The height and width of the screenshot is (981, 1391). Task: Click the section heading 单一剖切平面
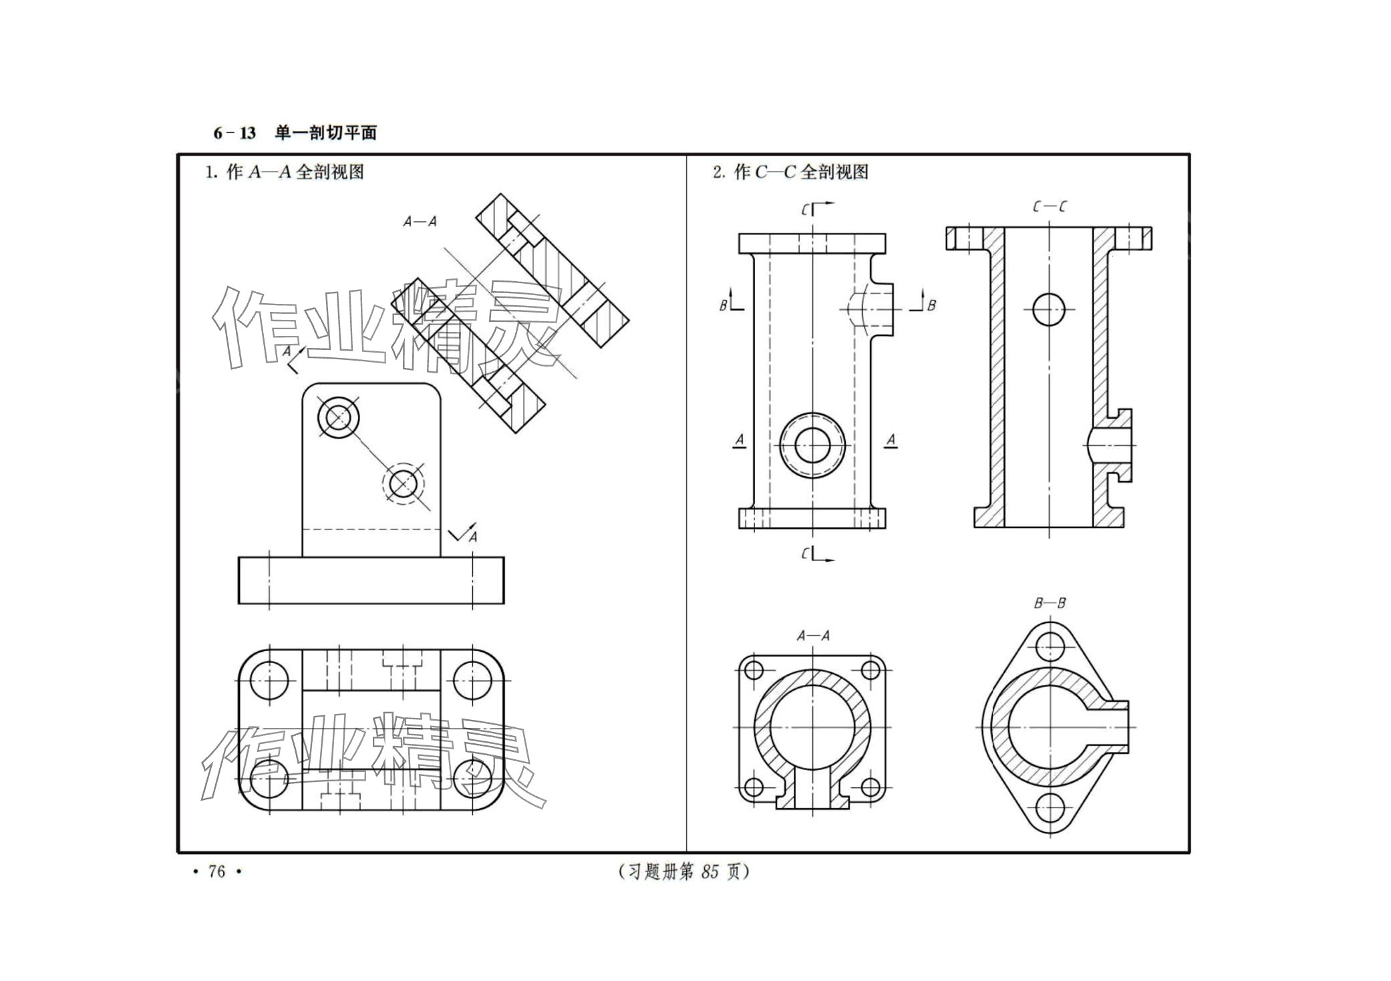tap(326, 133)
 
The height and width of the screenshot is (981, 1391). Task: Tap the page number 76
tap(217, 871)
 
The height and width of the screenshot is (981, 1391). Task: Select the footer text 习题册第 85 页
tap(684, 871)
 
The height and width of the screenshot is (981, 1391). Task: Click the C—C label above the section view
tap(1049, 207)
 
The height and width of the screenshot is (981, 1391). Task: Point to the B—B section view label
tap(1050, 603)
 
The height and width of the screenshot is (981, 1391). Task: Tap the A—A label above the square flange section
tap(813, 636)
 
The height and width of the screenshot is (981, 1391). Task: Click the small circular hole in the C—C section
tap(1049, 309)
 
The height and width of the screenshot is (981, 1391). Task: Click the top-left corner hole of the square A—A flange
tap(754, 670)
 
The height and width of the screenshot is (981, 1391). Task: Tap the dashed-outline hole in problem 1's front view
tap(404, 483)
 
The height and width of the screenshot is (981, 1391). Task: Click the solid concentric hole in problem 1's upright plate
tap(339, 418)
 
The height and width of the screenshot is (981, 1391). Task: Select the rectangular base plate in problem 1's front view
tap(371, 580)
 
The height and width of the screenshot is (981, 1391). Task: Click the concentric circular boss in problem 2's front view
tap(813, 445)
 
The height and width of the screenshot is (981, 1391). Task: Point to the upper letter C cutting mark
tap(806, 210)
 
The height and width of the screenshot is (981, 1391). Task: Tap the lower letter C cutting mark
tap(806, 554)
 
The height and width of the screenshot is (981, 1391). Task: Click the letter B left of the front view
tap(723, 306)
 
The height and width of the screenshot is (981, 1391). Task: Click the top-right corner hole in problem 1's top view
tap(472, 680)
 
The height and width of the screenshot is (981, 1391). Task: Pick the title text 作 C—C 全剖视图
tap(801, 172)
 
